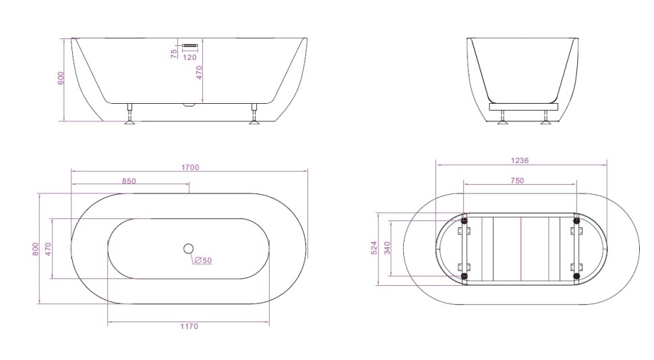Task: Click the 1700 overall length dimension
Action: (x=189, y=168)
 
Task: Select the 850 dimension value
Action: (x=129, y=181)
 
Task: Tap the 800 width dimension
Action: (x=35, y=249)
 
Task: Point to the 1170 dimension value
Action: (x=189, y=327)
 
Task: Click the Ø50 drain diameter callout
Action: (x=203, y=261)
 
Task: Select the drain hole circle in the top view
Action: (x=188, y=248)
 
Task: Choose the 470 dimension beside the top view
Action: (x=48, y=249)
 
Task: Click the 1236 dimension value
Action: (x=520, y=161)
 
